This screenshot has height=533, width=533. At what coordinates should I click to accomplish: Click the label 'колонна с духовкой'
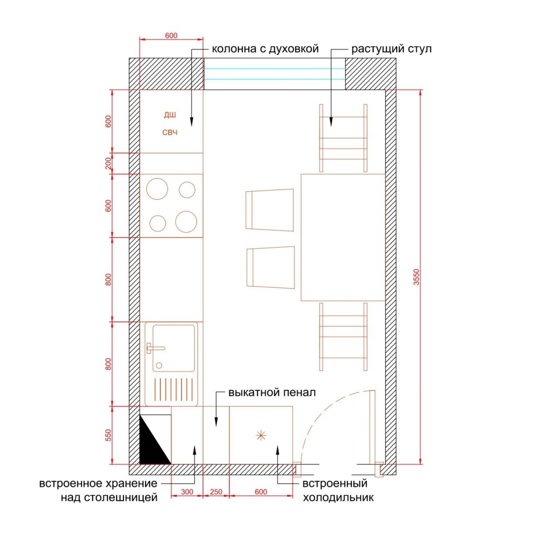tap(265, 49)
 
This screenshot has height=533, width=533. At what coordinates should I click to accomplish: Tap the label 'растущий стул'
tap(391, 49)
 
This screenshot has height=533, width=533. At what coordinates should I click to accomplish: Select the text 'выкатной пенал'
tap(272, 392)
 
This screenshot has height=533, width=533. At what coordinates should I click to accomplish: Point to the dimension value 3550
tap(416, 277)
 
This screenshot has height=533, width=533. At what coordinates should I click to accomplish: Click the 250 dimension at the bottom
tap(216, 491)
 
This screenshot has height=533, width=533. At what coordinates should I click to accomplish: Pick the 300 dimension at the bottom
tap(187, 491)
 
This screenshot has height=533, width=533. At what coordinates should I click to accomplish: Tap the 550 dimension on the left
tap(108, 435)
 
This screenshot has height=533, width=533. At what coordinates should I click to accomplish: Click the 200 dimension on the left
tap(108, 163)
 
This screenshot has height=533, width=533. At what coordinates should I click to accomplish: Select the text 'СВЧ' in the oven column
tap(170, 132)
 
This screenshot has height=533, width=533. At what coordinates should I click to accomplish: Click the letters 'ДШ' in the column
tap(170, 115)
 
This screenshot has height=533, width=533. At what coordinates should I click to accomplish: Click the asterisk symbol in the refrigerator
tap(261, 435)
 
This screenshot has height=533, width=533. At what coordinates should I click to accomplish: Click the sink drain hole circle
tap(159, 366)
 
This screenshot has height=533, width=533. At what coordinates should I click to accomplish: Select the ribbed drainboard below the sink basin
tap(174, 389)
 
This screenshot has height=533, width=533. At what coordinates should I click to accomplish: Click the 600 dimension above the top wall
tap(171, 35)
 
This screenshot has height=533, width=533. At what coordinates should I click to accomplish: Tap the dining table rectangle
tap(343, 237)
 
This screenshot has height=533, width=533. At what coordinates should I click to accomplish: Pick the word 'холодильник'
tap(338, 498)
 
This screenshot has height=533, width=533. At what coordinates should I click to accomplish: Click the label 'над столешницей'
tap(109, 498)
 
